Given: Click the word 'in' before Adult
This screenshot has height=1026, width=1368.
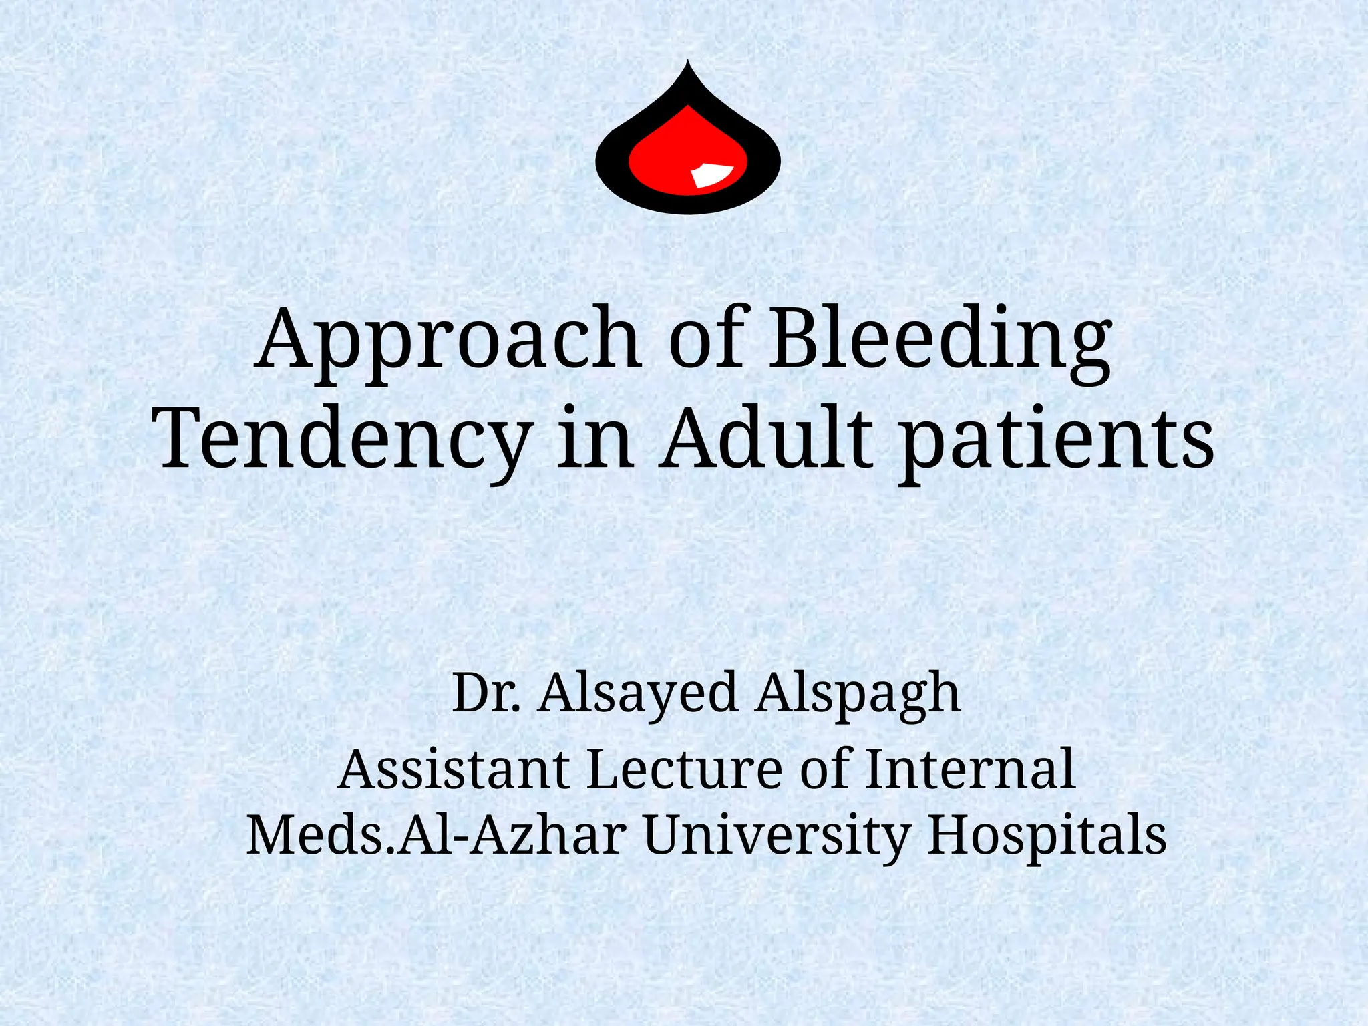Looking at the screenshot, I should coord(594,438).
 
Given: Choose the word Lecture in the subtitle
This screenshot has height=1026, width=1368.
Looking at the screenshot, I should coord(684,769).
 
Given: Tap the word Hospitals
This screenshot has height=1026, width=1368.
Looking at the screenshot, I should coord(1046,836).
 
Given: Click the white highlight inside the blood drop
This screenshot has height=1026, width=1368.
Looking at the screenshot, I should coord(712,174).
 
